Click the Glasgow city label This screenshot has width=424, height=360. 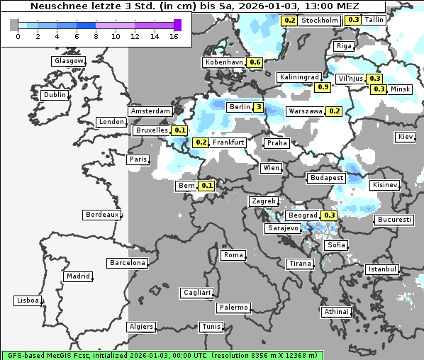pos(69,61)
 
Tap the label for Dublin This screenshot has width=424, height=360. pos(55,95)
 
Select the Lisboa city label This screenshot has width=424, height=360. pos(28,300)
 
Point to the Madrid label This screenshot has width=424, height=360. pos(77,276)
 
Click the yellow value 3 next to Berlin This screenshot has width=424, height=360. pos(259,107)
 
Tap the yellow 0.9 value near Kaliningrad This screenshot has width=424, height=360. pos(323,86)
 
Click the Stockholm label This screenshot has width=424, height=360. pos(319,21)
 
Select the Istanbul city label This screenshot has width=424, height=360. pos(382,270)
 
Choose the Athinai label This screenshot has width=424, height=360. pos(336,312)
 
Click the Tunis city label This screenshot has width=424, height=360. pos(211,327)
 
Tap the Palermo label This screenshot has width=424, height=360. pos(233,308)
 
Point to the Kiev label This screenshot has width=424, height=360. pos(406,136)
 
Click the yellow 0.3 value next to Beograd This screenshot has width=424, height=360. pos(329,215)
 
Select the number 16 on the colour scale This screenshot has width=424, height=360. pos(174,36)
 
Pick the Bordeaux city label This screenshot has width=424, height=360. pos(101,214)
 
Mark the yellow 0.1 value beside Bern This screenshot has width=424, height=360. pos(207,186)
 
